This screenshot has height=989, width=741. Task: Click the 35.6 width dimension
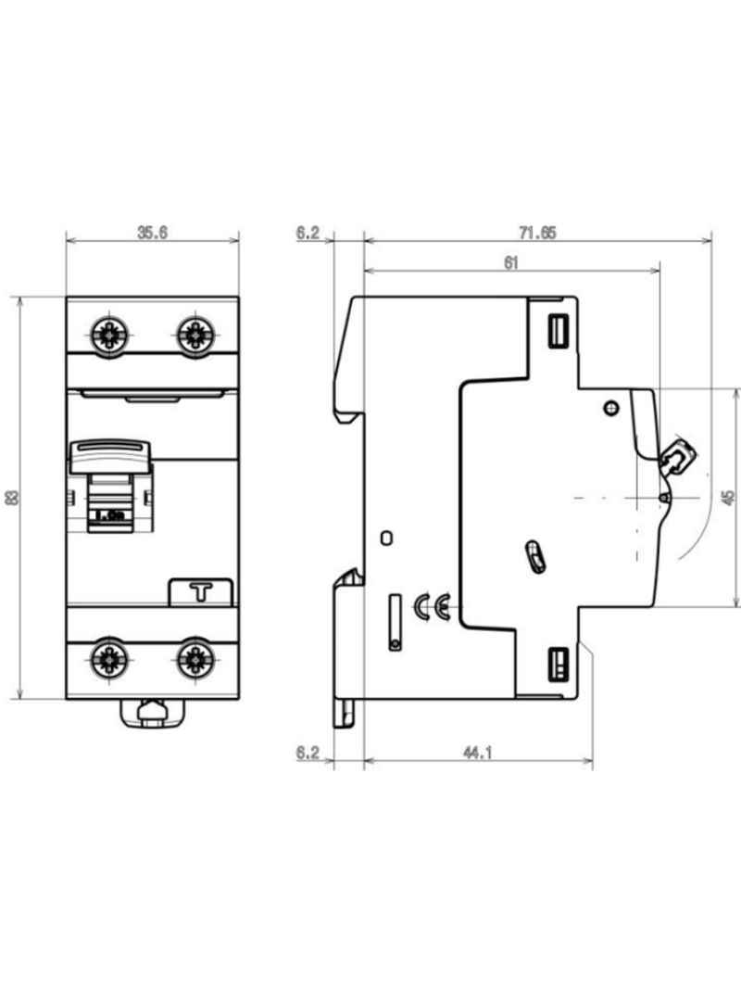pyautogui.click(x=152, y=233)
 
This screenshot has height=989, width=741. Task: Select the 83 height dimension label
pyautogui.click(x=12, y=498)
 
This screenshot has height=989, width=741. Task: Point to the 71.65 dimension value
pyautogui.click(x=537, y=233)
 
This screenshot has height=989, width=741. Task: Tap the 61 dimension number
pyautogui.click(x=510, y=262)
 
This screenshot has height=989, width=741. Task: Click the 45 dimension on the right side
pyautogui.click(x=729, y=498)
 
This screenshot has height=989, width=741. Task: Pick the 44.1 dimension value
pyautogui.click(x=476, y=754)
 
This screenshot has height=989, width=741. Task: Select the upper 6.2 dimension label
pyautogui.click(x=308, y=233)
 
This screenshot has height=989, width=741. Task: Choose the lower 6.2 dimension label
pyautogui.click(x=308, y=754)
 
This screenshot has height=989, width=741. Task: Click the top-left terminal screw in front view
pyautogui.click(x=110, y=334)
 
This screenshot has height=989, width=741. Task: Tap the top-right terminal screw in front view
pyautogui.click(x=195, y=334)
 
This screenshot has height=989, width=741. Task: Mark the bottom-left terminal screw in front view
pyautogui.click(x=110, y=659)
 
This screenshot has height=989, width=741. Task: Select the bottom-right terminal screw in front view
pyautogui.click(x=195, y=659)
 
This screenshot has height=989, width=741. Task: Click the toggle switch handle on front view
pyautogui.click(x=109, y=458)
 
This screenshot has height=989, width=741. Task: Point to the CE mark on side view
pyautogui.click(x=432, y=608)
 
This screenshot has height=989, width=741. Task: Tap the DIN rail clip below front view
pyautogui.click(x=152, y=713)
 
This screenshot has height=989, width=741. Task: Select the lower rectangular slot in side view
pyautogui.click(x=559, y=664)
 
